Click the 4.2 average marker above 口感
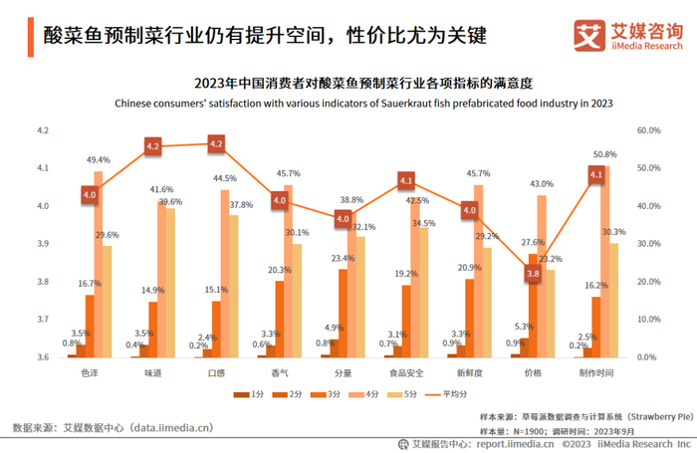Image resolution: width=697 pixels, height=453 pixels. [x=216, y=144]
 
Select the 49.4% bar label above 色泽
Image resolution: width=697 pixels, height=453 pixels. [x=99, y=160]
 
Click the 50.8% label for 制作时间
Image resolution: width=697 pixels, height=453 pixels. [x=604, y=154]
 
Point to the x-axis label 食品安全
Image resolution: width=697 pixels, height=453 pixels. [x=406, y=373]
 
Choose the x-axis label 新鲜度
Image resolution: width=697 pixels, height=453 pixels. [x=470, y=373]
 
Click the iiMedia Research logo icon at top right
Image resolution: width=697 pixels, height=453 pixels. [x=588, y=35]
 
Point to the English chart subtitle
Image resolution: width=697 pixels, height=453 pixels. [x=362, y=103]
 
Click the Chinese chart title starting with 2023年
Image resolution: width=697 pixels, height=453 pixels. [x=362, y=84]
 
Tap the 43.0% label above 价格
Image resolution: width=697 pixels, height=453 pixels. [x=542, y=184]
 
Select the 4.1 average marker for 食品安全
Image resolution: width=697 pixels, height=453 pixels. [x=406, y=180]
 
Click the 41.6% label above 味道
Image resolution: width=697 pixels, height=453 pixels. [x=161, y=189]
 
